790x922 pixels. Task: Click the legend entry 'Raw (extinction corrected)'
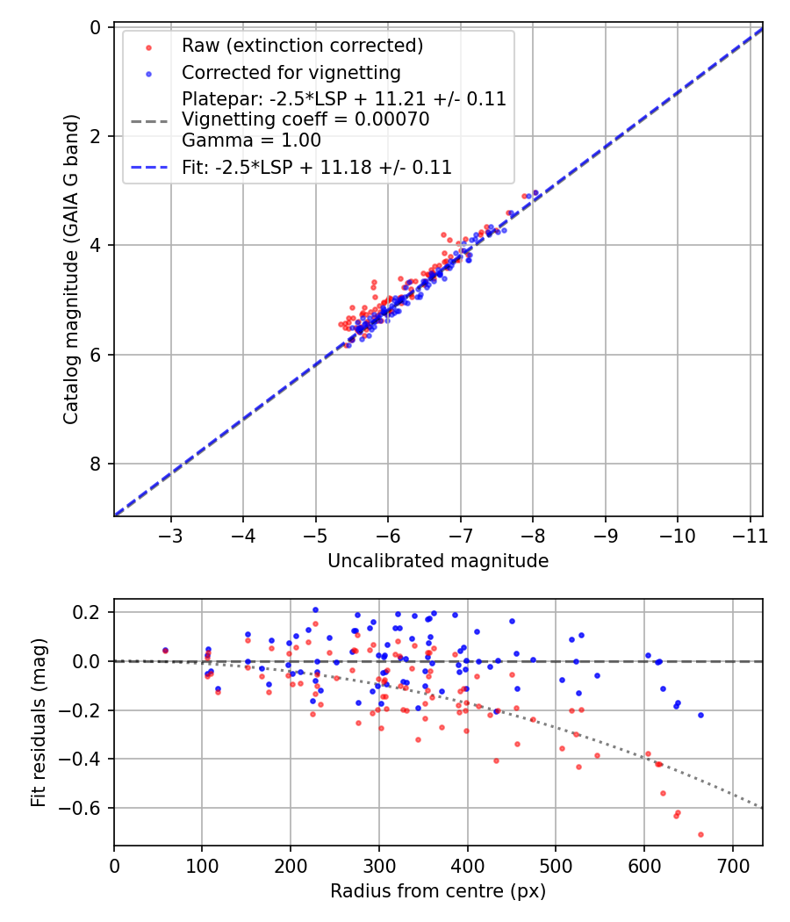(302, 45)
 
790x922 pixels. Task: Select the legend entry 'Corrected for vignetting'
(291, 72)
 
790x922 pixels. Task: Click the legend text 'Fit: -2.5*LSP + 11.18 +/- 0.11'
(316, 167)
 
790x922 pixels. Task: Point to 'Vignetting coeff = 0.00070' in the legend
(305, 119)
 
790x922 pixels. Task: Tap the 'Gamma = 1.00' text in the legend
(251, 140)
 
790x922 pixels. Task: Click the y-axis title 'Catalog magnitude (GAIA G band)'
(72, 270)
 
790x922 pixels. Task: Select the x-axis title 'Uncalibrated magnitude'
(438, 561)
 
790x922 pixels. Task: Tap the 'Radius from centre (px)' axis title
(438, 891)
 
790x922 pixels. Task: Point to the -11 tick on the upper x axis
(749, 535)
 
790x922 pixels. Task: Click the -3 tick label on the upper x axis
(171, 535)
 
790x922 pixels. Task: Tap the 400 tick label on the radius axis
(468, 865)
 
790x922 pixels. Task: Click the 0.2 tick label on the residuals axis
(91, 612)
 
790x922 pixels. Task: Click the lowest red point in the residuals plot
(700, 834)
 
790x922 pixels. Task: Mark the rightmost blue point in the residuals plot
(700, 715)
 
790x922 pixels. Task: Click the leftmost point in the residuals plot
(165, 651)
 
